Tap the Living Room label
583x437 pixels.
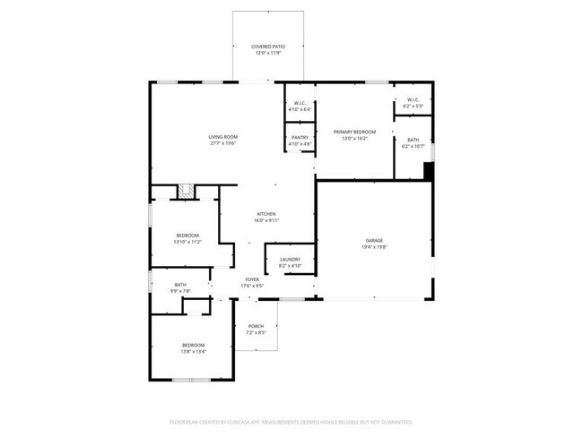(x=222, y=136)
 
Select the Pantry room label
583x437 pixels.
(x=300, y=137)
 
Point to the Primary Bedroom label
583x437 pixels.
(x=354, y=132)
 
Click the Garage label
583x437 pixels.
(x=374, y=240)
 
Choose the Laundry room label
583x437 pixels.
(x=290, y=260)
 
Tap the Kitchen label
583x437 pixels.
(x=266, y=214)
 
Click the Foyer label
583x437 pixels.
(x=253, y=279)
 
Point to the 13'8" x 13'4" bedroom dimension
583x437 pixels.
(x=194, y=352)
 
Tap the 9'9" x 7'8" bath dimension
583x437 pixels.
(x=181, y=291)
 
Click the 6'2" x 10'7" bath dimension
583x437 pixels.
(x=413, y=147)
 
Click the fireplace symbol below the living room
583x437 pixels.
(x=187, y=191)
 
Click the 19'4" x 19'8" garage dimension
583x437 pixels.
(x=374, y=247)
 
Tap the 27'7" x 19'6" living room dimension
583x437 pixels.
(x=222, y=143)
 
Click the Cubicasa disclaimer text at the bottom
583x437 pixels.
(x=291, y=421)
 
